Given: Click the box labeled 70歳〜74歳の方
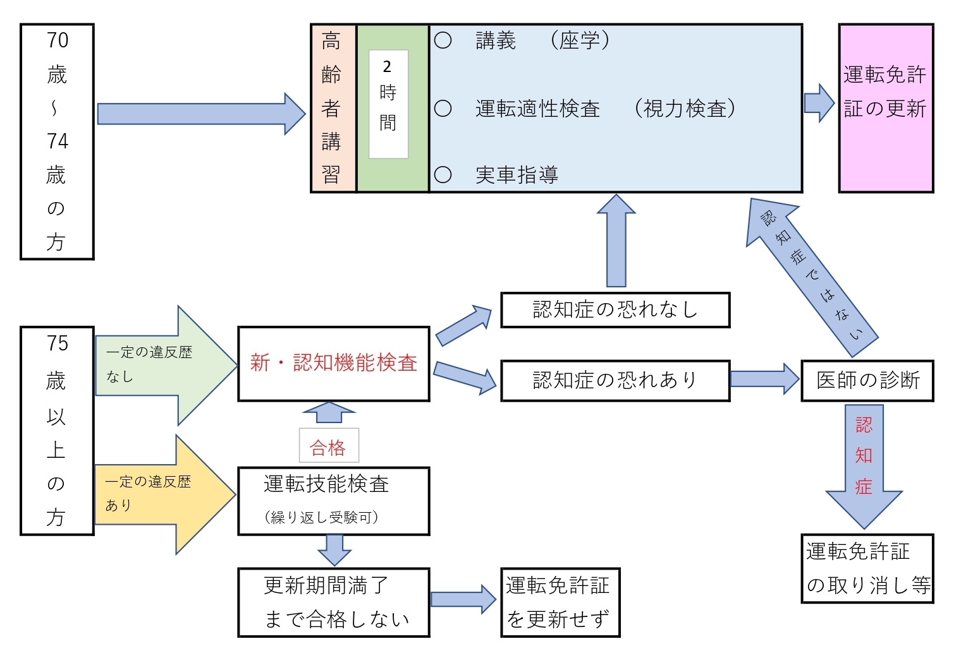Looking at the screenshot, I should (57, 141).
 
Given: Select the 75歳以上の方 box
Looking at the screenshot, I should (57, 431).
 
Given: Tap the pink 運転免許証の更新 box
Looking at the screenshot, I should (886, 108).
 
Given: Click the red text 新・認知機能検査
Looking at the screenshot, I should (333, 363).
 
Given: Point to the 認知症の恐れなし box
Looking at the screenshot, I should (615, 310).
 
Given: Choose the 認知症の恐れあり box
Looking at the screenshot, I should (615, 381).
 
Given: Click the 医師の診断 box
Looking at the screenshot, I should (867, 381).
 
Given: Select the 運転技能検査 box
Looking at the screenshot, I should (333, 501).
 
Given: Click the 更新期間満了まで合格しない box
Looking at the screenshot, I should (333, 602).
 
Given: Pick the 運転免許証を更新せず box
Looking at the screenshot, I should (560, 602).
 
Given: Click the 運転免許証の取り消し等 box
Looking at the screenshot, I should (867, 568).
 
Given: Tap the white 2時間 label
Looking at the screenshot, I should (388, 104).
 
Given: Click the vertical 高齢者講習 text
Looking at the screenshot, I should (333, 108).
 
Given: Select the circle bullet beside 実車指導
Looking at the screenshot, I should (443, 175).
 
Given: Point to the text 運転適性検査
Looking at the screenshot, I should (537, 109).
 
